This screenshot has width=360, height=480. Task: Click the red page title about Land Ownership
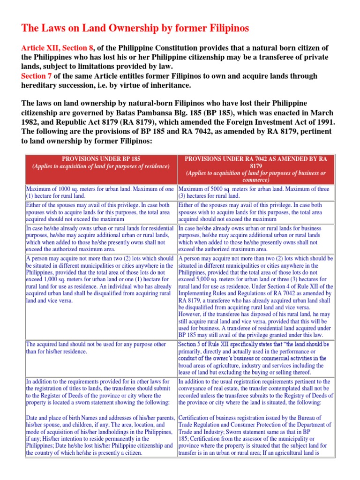click(135, 28)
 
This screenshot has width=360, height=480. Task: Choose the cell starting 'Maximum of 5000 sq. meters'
click(255, 192)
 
